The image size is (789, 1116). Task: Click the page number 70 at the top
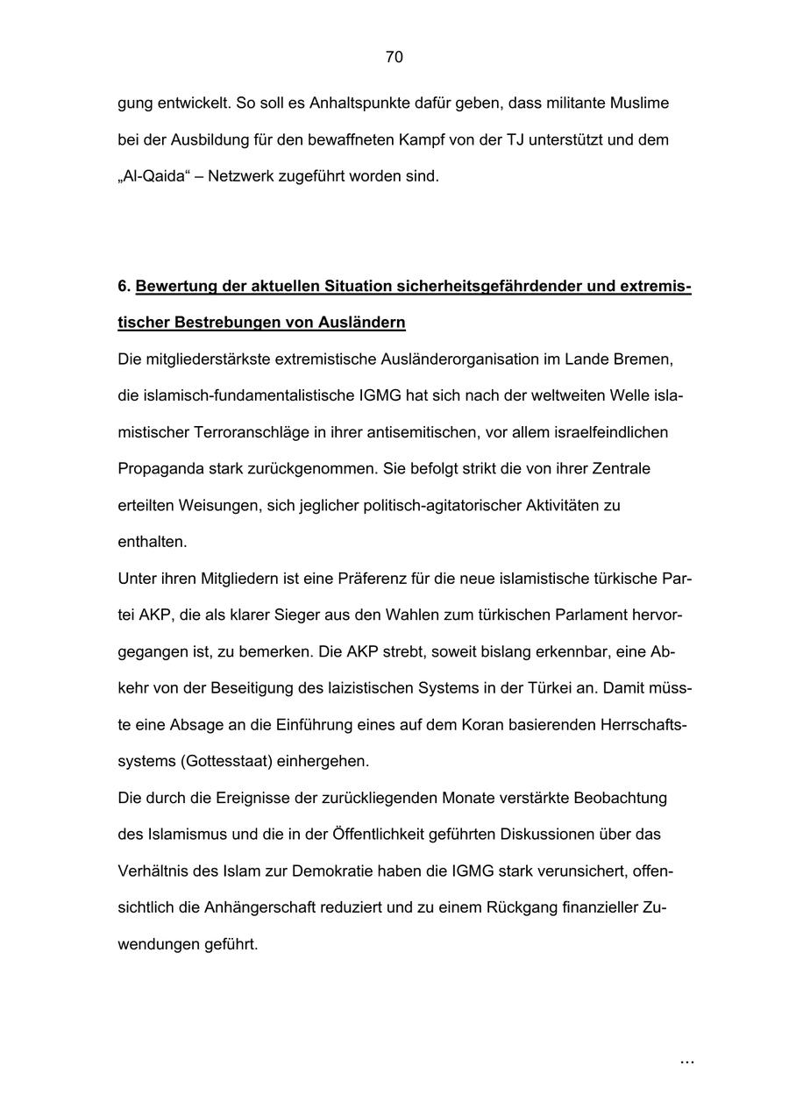pyautogui.click(x=394, y=58)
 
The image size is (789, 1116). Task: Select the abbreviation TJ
pyautogui.click(x=515, y=140)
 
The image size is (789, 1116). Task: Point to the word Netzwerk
pyautogui.click(x=241, y=176)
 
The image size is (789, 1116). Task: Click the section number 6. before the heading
pyautogui.click(x=124, y=287)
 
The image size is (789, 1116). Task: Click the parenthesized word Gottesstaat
pyautogui.click(x=226, y=761)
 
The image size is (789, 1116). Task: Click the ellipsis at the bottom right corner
pyautogui.click(x=686, y=1062)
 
